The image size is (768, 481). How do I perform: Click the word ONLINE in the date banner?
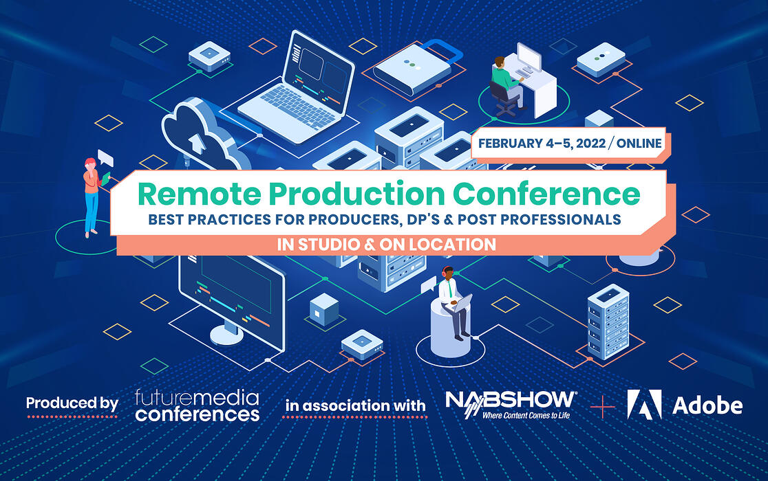(x=639, y=144)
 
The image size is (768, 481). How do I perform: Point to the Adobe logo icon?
(x=644, y=404)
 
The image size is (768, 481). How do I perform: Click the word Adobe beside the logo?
(x=708, y=405)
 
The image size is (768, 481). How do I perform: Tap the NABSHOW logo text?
(x=511, y=400)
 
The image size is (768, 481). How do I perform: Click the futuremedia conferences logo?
(x=197, y=405)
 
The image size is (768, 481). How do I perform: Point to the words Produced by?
(x=72, y=403)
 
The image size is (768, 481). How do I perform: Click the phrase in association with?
(x=355, y=405)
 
